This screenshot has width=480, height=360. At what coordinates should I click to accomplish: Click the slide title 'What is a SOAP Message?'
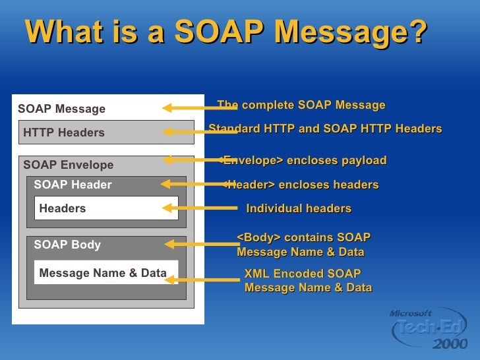(226, 32)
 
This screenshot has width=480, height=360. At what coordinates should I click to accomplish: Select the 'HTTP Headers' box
(106, 133)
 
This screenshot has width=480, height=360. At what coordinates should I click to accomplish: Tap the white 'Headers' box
(106, 208)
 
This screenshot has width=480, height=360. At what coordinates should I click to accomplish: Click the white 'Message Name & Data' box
(105, 273)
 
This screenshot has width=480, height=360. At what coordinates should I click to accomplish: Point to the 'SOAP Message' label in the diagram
(61, 109)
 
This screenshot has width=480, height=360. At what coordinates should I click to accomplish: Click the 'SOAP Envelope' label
(68, 165)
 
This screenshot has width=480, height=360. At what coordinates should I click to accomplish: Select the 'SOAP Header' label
(73, 185)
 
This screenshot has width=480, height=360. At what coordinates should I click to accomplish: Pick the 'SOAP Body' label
(67, 245)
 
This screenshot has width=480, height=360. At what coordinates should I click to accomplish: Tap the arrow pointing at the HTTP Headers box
(198, 132)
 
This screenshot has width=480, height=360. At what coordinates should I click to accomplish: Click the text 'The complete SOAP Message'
(301, 105)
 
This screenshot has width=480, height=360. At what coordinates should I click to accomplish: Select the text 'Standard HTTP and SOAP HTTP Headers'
(325, 129)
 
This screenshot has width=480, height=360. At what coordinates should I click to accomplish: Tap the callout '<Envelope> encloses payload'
(303, 161)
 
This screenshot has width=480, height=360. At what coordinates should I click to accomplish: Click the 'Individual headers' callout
(298, 208)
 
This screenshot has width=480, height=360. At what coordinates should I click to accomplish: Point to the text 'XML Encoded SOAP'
(303, 274)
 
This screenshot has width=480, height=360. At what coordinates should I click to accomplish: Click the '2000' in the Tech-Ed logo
(450, 344)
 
